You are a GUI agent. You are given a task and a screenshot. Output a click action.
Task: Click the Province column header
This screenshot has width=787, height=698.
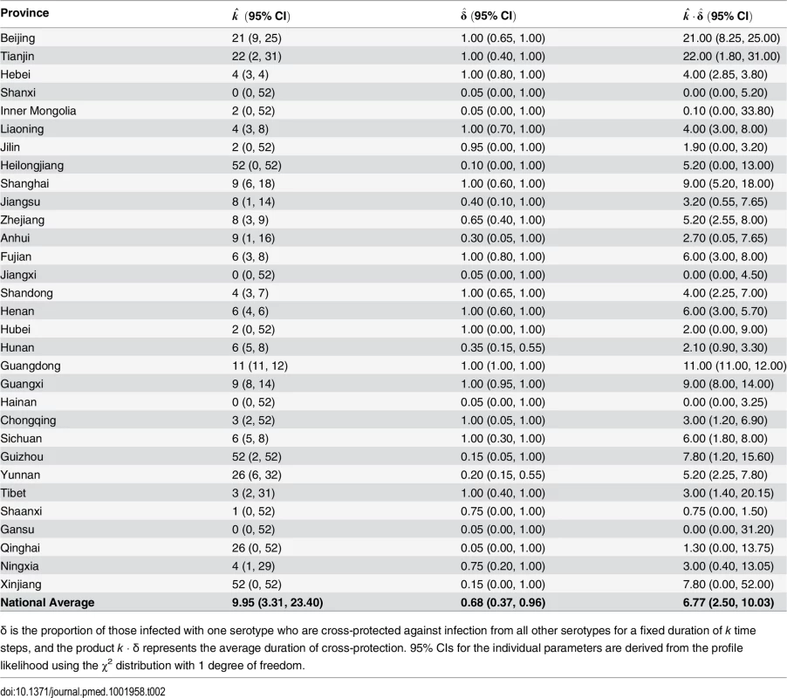[24, 13]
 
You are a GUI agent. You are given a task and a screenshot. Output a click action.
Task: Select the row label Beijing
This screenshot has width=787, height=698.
[17, 38]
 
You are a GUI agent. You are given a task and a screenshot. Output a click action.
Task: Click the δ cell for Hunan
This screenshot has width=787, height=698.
[503, 348]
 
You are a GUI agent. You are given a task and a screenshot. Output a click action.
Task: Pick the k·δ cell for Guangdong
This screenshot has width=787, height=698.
[735, 366]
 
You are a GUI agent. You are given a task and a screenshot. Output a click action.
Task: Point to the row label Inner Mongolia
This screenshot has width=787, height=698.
[38, 111]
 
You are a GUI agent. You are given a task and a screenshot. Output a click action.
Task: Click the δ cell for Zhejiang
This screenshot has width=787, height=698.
[503, 220]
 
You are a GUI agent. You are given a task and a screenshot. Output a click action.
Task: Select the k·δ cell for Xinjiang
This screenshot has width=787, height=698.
[728, 585]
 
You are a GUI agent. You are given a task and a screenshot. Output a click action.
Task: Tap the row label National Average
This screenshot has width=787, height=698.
[47, 603]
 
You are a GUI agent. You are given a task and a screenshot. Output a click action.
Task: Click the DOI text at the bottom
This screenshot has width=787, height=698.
[83, 692]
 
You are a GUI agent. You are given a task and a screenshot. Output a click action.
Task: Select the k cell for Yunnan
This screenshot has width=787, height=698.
[257, 476]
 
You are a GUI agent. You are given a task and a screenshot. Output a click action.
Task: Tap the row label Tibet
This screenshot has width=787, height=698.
[13, 493]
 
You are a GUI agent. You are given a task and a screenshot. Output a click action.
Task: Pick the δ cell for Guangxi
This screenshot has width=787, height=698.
[503, 385]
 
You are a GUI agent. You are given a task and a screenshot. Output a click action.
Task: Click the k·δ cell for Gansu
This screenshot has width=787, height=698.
[728, 530]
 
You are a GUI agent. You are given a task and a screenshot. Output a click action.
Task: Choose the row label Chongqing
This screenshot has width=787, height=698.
[28, 421]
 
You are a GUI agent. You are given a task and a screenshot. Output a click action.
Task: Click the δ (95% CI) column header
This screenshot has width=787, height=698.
[489, 15]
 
